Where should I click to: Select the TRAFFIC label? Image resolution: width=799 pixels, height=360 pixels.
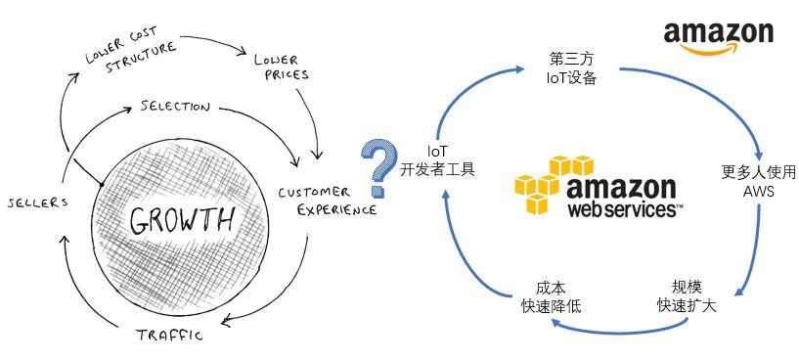(170, 336)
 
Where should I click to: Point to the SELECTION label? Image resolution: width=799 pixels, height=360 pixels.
(175, 105)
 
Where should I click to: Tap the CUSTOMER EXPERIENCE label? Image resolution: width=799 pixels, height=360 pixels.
(326, 200)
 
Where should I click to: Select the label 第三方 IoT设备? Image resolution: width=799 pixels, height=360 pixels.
(571, 66)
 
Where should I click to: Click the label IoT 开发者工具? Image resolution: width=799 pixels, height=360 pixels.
(438, 160)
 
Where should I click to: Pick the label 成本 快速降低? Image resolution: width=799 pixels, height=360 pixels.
(551, 297)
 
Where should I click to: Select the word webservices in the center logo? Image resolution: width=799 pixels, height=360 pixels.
(624, 208)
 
